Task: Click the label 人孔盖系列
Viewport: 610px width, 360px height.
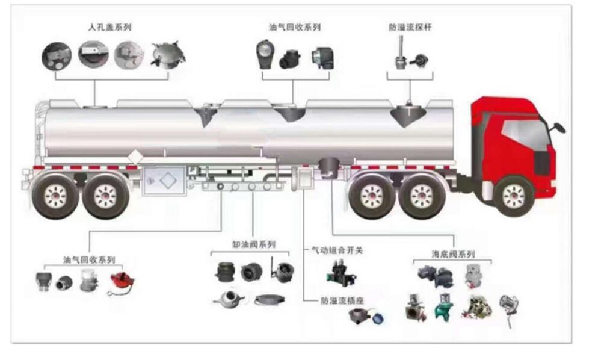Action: tap(109, 28)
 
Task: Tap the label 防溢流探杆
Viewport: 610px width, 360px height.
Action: tap(410, 28)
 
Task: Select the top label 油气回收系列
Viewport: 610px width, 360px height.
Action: tap(295, 28)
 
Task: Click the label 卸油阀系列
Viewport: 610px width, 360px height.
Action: tap(253, 244)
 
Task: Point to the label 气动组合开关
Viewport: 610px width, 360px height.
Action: tap(336, 249)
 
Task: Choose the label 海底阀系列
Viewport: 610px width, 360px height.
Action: tap(453, 255)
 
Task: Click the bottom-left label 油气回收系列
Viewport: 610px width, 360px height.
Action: tap(89, 259)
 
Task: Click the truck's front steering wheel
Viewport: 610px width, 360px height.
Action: tap(513, 196)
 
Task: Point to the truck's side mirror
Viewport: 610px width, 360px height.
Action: tap(559, 127)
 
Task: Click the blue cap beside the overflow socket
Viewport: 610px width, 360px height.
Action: tap(378, 318)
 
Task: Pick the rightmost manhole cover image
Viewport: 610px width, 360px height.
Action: tap(167, 55)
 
